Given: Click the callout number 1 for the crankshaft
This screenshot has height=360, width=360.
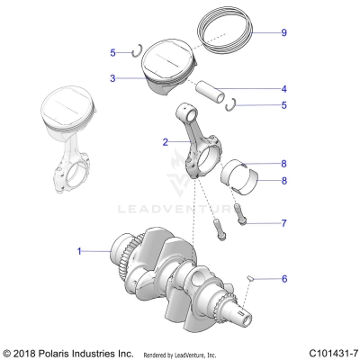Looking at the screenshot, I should coord(79,251).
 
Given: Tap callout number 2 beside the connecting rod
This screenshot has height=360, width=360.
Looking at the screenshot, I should coord(165,142).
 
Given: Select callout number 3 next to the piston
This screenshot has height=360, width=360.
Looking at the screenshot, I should coord(112,78).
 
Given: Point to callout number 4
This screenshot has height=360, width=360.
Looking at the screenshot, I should coord(283,89).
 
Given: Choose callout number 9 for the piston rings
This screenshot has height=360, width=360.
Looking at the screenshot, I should coord(283,32).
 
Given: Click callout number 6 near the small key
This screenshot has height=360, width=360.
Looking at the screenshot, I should coord(283,304).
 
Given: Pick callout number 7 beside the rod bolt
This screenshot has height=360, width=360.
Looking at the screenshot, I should coord(283,221).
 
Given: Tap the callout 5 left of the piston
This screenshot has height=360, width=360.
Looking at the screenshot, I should coord(112,52).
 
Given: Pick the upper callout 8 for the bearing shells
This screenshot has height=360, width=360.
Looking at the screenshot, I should coord(283,164).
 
